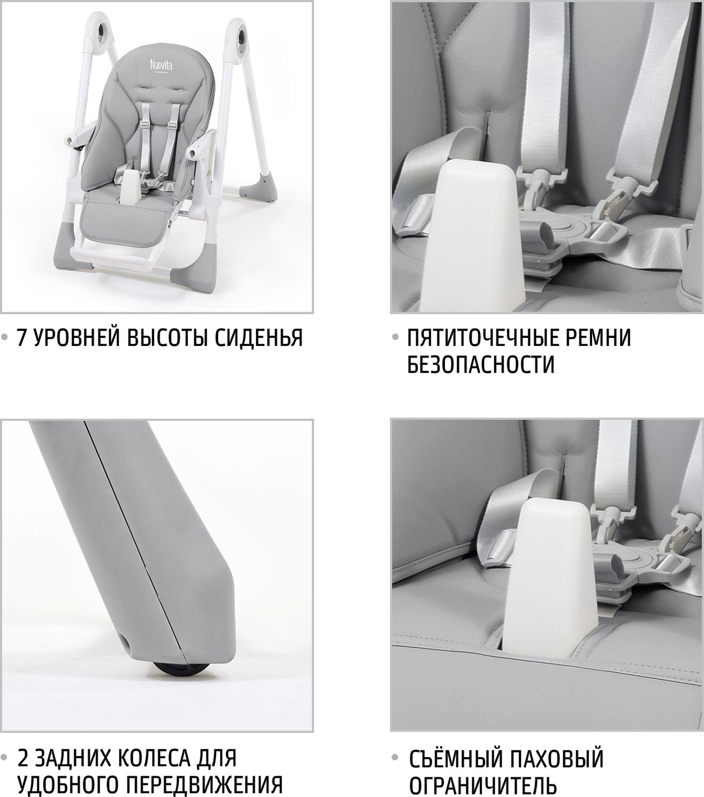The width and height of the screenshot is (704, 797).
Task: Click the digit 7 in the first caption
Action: click(x=22, y=337)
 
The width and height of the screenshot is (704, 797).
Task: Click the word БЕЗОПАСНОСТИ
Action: click(x=480, y=364)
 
